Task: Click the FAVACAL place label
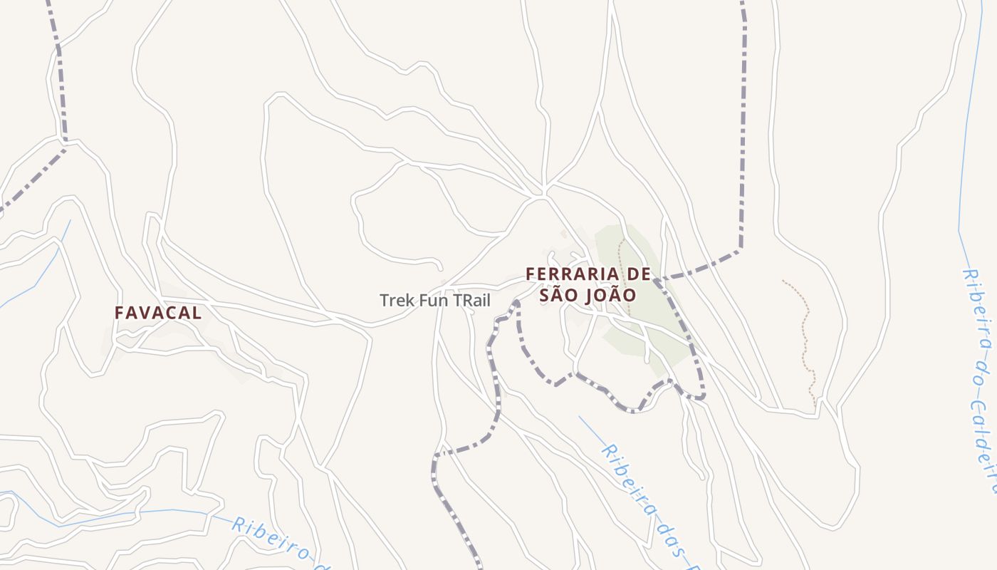pos(158,312)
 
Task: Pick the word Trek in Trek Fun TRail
pos(396,300)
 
